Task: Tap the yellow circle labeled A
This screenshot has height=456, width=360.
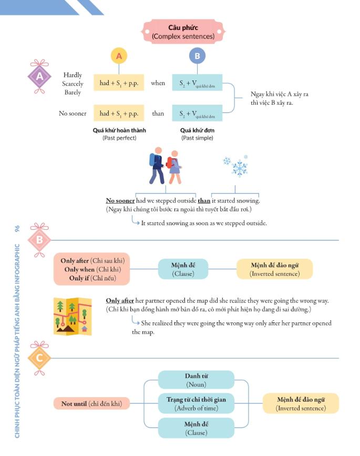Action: pos(119,56)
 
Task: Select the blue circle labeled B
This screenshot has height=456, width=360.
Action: pos(197,56)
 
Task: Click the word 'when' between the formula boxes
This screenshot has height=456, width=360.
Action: pos(158,83)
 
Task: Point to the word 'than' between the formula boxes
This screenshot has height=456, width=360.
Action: pos(158,113)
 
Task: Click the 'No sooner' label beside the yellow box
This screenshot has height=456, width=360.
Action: pos(73,113)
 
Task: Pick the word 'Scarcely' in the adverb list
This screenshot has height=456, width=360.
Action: pos(73,84)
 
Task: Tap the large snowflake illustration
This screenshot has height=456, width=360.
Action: pos(240,168)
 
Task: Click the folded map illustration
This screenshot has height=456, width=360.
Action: pos(73,316)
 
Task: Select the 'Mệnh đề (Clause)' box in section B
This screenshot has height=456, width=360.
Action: pos(183,269)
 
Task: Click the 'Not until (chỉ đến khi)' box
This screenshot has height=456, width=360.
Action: pos(91,403)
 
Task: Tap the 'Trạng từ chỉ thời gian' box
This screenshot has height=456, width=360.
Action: pos(196,403)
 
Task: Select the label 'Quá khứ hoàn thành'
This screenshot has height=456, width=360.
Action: pos(119,130)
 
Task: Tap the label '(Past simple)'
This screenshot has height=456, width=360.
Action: pos(197,138)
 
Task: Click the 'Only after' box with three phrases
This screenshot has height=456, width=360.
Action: pos(91,269)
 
